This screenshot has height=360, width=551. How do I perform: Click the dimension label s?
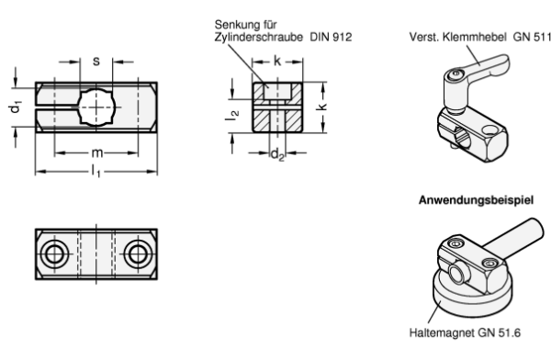(x=96, y=62)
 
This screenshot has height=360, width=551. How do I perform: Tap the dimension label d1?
(x=16, y=107)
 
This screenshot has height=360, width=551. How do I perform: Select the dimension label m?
(x=97, y=152)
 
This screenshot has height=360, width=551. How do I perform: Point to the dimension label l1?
(x=96, y=171)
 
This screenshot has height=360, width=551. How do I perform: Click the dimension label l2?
(x=232, y=116)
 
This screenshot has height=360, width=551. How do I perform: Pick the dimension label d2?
(x=277, y=154)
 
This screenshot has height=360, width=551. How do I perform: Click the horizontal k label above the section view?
(x=277, y=61)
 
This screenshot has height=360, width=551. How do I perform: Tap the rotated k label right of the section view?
(x=322, y=106)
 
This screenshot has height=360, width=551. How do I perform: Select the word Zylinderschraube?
(x=259, y=37)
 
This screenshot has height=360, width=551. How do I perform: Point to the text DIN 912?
(x=331, y=37)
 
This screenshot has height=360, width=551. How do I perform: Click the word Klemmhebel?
(x=475, y=37)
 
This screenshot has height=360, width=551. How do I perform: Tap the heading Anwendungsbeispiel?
(x=476, y=200)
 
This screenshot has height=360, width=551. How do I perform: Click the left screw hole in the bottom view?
(x=54, y=253)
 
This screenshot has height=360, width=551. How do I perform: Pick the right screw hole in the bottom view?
(x=138, y=253)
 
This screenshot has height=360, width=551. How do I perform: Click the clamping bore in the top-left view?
(x=96, y=107)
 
